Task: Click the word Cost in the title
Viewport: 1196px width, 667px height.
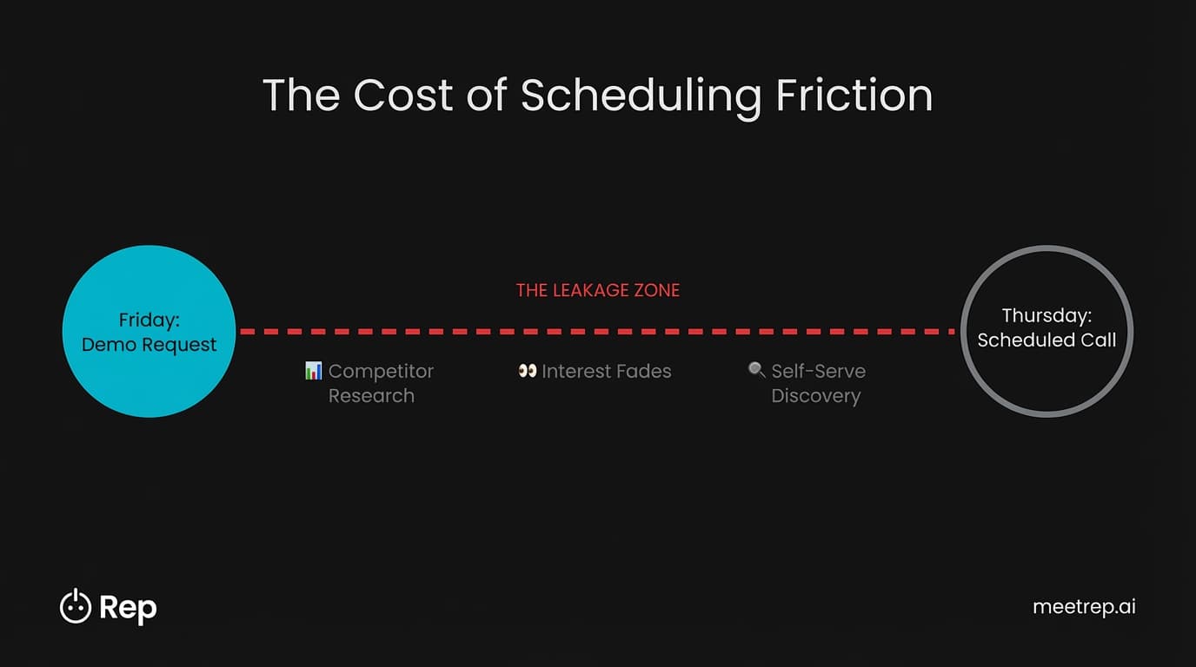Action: (x=402, y=95)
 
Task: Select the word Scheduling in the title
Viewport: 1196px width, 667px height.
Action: (x=640, y=96)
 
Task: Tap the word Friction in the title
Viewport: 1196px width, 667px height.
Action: (x=854, y=95)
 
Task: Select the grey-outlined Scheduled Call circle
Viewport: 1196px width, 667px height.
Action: (x=1046, y=382)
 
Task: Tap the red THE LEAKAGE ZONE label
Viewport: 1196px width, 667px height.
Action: (x=598, y=290)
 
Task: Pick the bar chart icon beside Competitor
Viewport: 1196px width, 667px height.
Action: (x=314, y=371)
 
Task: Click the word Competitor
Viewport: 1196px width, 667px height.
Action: (x=381, y=371)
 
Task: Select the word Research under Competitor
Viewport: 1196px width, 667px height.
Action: (x=371, y=396)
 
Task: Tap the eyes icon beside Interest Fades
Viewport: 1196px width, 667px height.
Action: (x=527, y=371)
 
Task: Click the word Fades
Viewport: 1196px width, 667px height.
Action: (x=642, y=371)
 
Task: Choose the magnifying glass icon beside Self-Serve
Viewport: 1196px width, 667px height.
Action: (x=756, y=370)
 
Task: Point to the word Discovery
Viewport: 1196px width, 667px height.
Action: (x=816, y=396)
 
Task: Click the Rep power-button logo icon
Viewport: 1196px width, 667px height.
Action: (x=76, y=607)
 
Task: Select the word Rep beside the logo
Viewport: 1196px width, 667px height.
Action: (x=128, y=608)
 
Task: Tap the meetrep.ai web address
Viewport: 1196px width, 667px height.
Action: (x=1084, y=607)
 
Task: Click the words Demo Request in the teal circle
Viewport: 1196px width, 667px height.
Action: (x=149, y=345)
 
